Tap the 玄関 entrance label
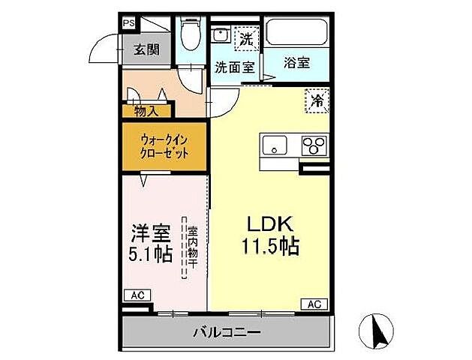coord(147,50)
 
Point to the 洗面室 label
coord(234,66)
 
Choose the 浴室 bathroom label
coord(296,64)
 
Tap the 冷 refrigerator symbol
coord(317,100)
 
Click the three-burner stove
coord(315,145)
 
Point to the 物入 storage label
coord(146,111)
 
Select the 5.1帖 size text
coord(151,253)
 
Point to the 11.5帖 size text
coord(269,246)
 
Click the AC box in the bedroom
coord(137,295)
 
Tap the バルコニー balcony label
coord(226,331)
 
